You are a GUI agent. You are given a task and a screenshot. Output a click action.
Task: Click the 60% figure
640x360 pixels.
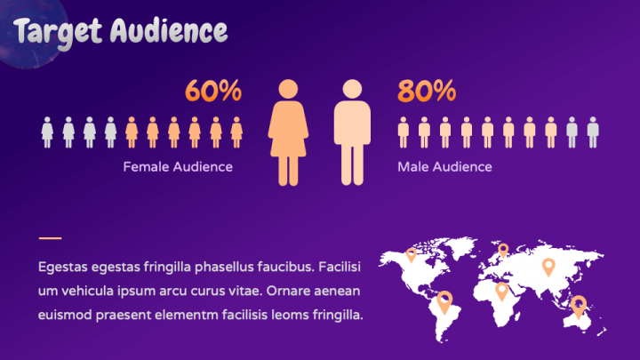pyautogui.click(x=213, y=91)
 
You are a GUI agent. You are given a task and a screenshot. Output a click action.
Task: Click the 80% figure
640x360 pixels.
pyautogui.click(x=427, y=91)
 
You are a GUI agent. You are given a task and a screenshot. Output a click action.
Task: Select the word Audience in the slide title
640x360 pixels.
pyautogui.click(x=169, y=30)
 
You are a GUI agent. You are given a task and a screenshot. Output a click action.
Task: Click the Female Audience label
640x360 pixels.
pyautogui.click(x=178, y=166)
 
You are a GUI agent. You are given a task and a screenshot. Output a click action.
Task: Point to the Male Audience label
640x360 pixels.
pyautogui.click(x=445, y=166)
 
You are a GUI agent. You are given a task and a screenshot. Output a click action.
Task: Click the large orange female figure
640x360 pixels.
pyautogui.click(x=288, y=132)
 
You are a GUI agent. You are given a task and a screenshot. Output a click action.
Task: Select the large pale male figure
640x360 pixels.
pyautogui.click(x=352, y=132)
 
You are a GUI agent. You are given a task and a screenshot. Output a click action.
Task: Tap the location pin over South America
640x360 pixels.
pyautogui.click(x=444, y=302)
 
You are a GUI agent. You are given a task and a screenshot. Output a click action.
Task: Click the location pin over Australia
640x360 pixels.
pyautogui.click(x=579, y=306)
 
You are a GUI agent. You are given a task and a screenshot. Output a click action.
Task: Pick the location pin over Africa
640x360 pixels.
pyautogui.click(x=501, y=292)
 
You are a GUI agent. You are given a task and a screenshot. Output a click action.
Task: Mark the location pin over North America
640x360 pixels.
pyautogui.click(x=411, y=255)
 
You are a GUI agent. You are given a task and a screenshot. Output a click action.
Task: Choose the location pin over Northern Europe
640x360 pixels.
pyautogui.click(x=503, y=250)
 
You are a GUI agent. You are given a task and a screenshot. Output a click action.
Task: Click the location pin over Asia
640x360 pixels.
pyautogui.click(x=548, y=268)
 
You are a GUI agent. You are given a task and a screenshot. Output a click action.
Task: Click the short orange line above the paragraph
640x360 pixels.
pyautogui.click(x=50, y=238)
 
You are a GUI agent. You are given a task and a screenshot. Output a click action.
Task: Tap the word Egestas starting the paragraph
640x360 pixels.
pyautogui.click(x=63, y=268)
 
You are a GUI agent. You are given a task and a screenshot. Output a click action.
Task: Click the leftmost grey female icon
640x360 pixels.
pyautogui.click(x=47, y=132)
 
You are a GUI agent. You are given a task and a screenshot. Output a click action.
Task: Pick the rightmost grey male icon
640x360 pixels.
pyautogui.click(x=593, y=132)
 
